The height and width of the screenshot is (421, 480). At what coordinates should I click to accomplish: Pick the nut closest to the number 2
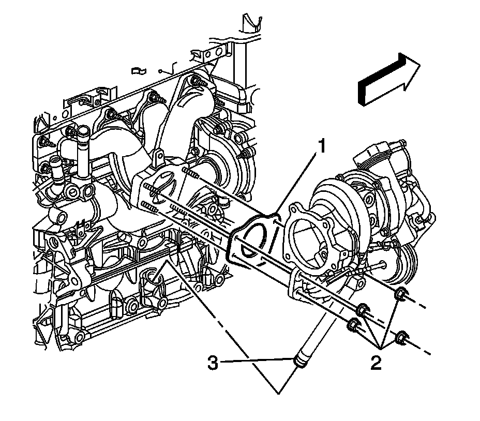401,339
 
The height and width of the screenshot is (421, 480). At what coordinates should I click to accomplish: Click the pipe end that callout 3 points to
299,360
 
